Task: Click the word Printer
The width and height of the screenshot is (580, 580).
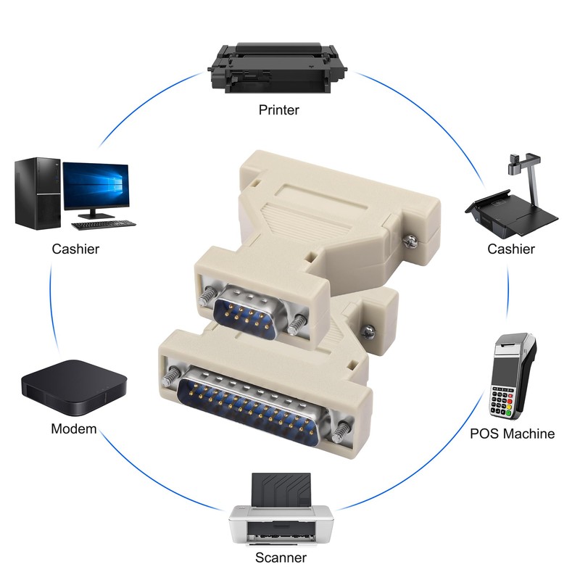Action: point(279,110)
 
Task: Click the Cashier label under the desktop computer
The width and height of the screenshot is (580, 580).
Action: point(75,249)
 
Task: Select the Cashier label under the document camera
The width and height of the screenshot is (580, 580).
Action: point(511,249)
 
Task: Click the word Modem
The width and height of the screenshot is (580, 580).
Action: point(73,429)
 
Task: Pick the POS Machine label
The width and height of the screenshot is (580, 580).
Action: point(512,434)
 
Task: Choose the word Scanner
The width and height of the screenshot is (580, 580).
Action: point(280,558)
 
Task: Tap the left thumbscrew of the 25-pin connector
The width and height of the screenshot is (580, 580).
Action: point(173,377)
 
